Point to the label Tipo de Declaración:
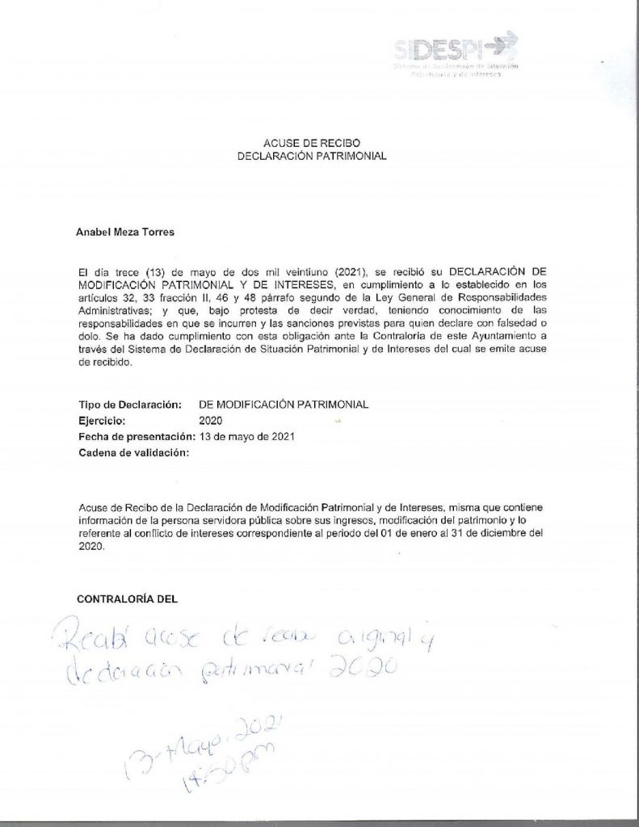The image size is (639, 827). click(128, 406)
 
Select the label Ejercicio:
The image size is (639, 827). click(102, 422)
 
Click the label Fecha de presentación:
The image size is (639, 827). click(137, 437)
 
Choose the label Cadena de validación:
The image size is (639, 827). click(134, 453)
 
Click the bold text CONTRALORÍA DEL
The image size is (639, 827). click(126, 599)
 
